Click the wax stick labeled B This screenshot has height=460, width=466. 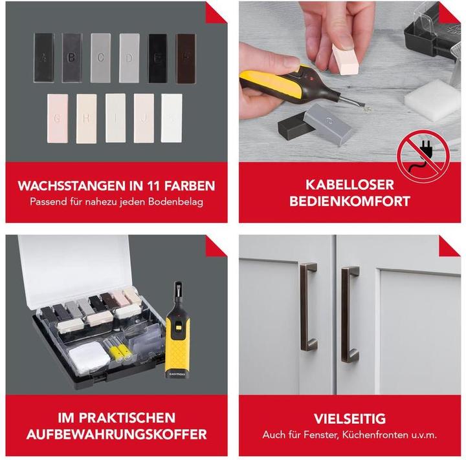tap(72, 57)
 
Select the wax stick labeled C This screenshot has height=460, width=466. tap(101, 57)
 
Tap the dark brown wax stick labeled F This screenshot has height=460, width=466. tap(186, 58)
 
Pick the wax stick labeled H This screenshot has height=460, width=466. tap(86, 119)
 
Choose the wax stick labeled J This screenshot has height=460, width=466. tap(144, 118)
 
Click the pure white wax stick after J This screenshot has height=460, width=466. tap(172, 118)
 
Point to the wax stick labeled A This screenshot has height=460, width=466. tap(44, 57)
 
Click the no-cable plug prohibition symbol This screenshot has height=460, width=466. tap(424, 156)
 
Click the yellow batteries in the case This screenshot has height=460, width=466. tap(120, 351)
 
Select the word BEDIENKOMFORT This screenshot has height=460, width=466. tap(349, 201)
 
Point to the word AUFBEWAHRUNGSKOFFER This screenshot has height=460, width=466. tap(116, 435)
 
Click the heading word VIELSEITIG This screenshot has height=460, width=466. tap(349, 419)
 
